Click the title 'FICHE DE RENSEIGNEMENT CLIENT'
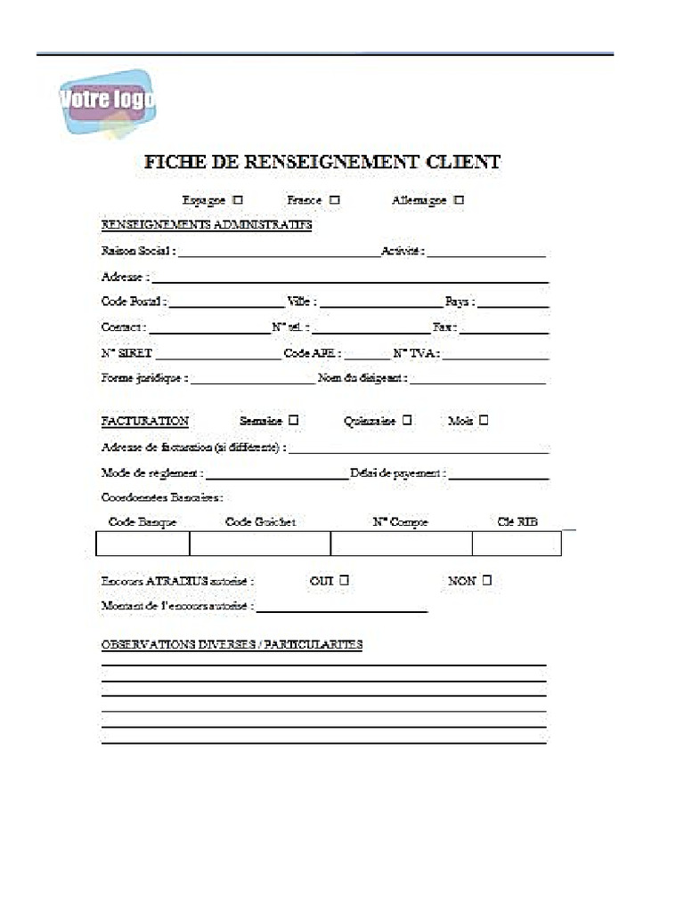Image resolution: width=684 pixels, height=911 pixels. (322, 162)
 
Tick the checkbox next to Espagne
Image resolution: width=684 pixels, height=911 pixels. (238, 200)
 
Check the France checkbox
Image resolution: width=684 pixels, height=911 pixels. (334, 200)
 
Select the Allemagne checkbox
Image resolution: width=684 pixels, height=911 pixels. (459, 200)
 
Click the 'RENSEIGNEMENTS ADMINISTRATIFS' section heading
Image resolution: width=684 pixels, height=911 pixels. (207, 225)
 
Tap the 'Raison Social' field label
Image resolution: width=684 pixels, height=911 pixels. (138, 251)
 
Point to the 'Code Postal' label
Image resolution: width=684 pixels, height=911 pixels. (134, 302)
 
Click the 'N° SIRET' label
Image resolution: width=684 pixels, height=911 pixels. (126, 353)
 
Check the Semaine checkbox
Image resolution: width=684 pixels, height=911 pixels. (293, 420)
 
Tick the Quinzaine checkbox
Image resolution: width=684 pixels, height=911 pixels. (407, 420)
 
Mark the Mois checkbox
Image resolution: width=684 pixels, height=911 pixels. (484, 420)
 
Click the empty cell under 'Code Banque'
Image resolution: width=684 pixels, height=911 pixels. (142, 544)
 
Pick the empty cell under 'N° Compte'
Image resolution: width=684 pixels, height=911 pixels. (401, 544)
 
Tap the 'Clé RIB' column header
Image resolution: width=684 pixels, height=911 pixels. (517, 522)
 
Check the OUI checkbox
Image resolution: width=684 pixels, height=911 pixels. (344, 581)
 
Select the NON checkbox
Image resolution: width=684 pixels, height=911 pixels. (486, 581)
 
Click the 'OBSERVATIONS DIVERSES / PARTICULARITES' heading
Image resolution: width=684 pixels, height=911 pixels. (232, 644)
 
